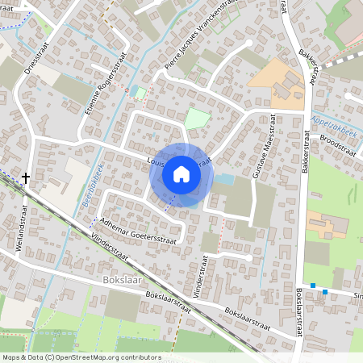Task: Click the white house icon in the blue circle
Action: [x=181, y=174]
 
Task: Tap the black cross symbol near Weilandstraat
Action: [x=26, y=178]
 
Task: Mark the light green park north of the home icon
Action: [x=196, y=120]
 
